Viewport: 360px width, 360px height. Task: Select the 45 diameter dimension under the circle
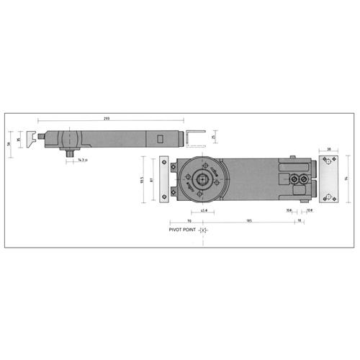click(x=204, y=211)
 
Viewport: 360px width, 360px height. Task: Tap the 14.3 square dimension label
click(x=81, y=160)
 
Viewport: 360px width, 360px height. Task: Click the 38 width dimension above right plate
click(x=328, y=150)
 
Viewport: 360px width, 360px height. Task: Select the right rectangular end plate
click(x=329, y=179)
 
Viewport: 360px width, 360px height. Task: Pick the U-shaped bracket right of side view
click(x=192, y=137)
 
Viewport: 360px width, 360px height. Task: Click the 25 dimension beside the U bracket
click(x=214, y=137)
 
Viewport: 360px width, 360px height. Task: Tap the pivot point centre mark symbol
click(x=204, y=230)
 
